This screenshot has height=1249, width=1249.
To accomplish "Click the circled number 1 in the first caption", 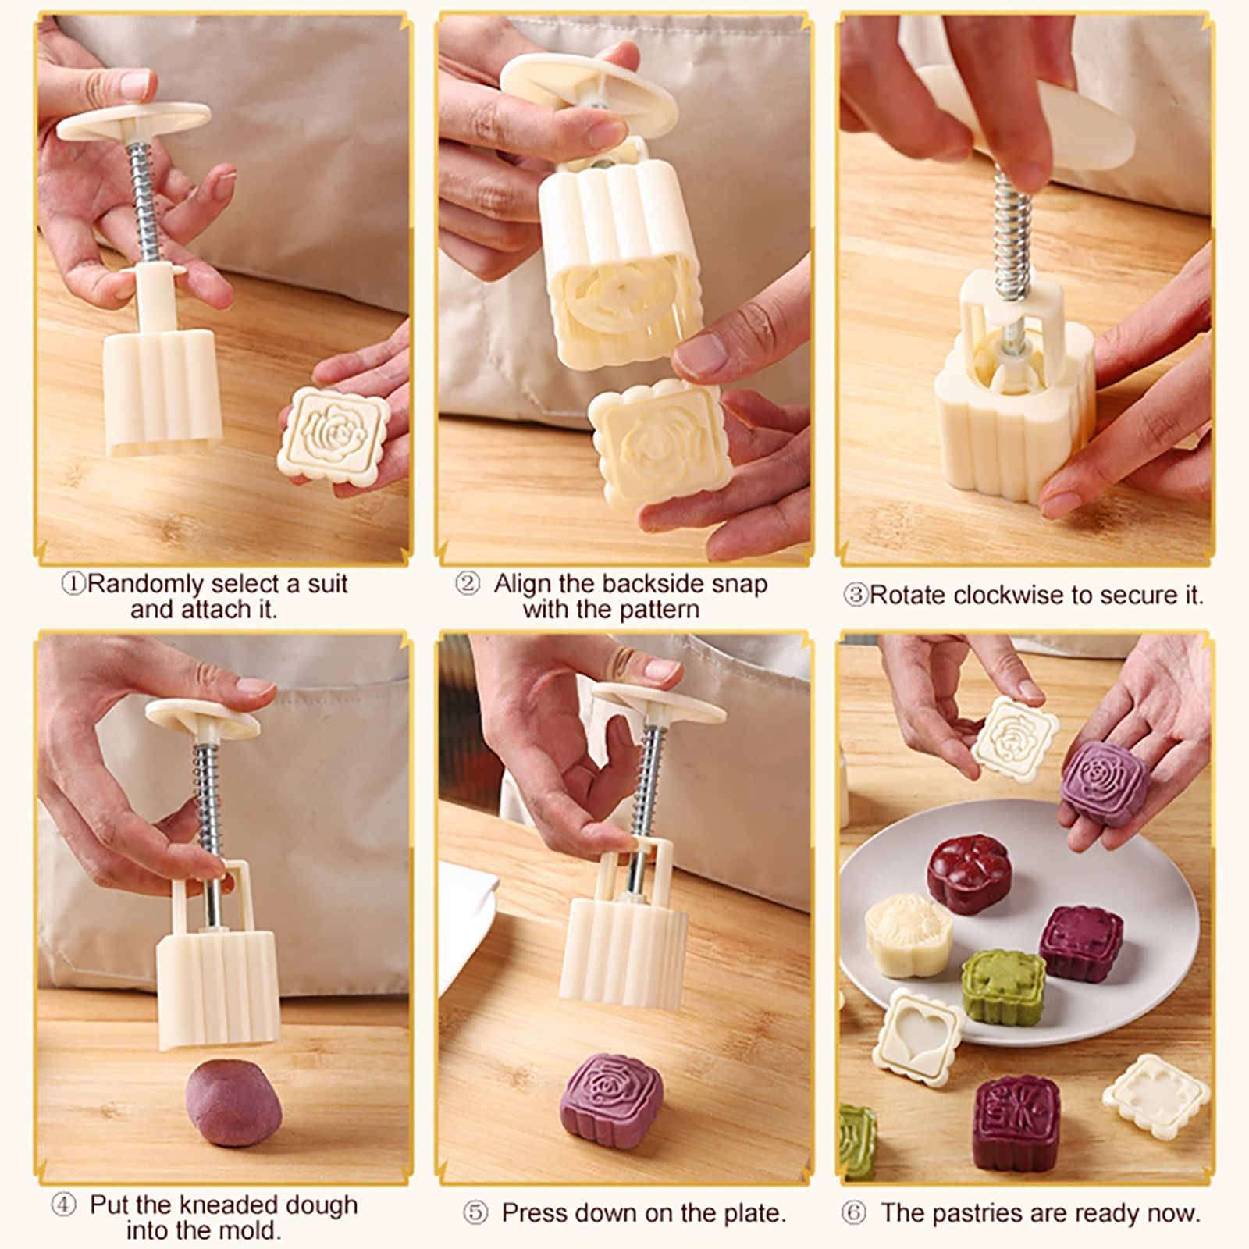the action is [73, 584].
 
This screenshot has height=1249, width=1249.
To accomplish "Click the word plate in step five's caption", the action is [751, 1213].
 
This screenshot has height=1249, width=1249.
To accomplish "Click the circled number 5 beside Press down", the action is [475, 1213].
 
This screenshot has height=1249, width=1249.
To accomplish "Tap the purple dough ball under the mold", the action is [233, 1101].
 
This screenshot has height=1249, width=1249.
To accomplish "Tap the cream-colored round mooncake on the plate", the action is [908, 934].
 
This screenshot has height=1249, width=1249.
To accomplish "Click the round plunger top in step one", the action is [134, 120].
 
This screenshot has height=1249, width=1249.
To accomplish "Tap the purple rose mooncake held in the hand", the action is [1104, 783].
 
